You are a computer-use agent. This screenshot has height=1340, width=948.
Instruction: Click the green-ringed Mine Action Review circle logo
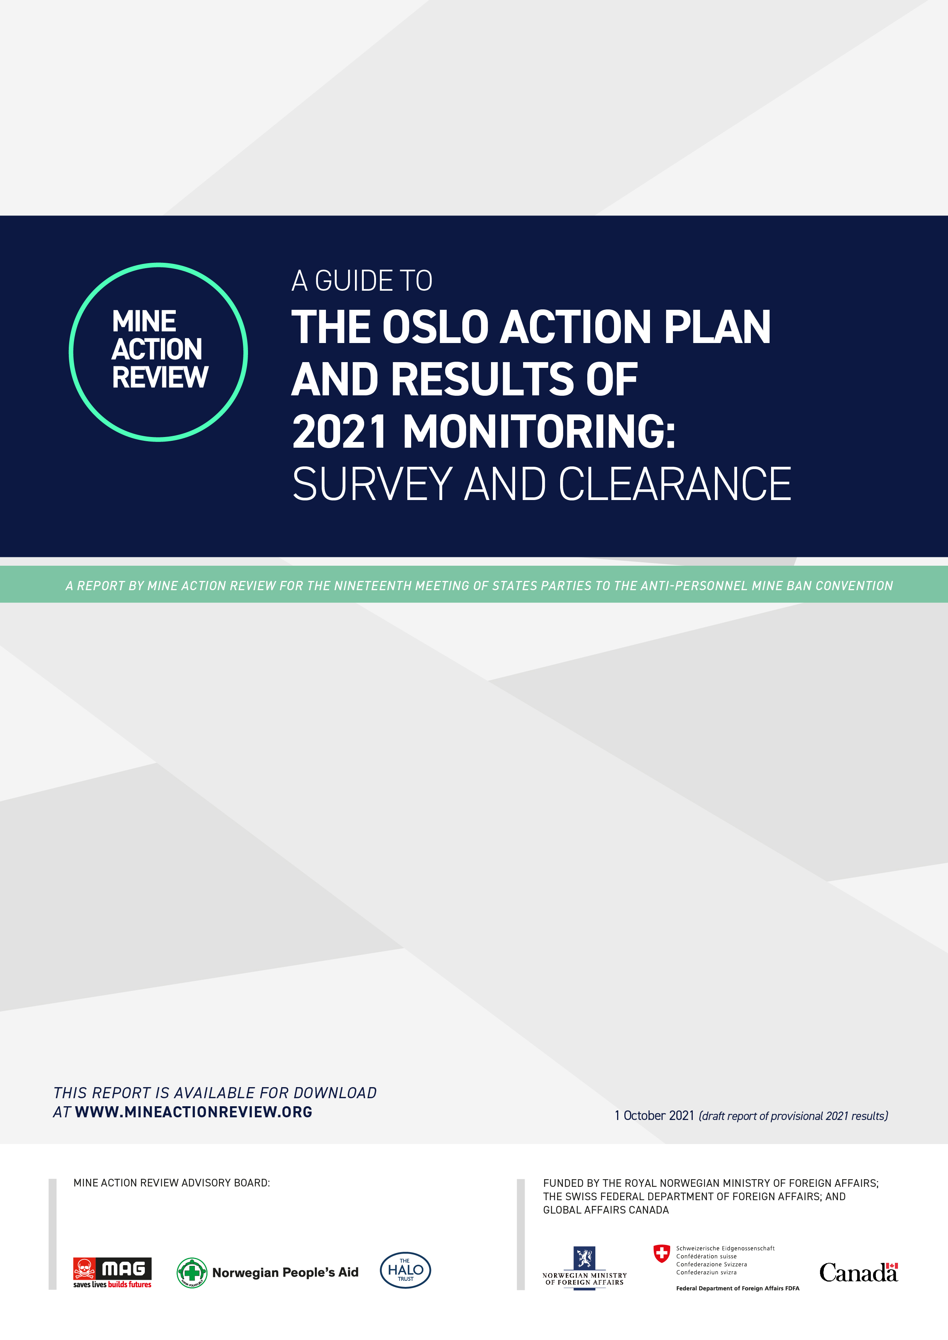coord(158,352)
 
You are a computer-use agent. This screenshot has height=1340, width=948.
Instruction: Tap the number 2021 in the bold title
coord(339,432)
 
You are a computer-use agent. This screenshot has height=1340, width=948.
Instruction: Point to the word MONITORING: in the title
coord(539,432)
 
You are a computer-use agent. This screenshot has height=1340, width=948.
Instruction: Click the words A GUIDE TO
coord(362,281)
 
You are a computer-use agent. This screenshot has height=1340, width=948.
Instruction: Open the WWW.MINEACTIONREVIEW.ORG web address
coord(193,1112)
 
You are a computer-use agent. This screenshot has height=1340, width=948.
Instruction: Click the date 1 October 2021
coord(654,1115)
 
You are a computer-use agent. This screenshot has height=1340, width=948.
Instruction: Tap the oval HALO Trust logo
coord(405,1270)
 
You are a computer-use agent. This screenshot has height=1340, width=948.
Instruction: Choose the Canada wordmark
coord(857,1274)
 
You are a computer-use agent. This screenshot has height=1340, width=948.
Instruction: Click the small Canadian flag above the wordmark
coord(891,1266)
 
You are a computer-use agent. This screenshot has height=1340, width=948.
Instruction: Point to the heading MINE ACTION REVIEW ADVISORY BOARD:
coord(172,1183)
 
